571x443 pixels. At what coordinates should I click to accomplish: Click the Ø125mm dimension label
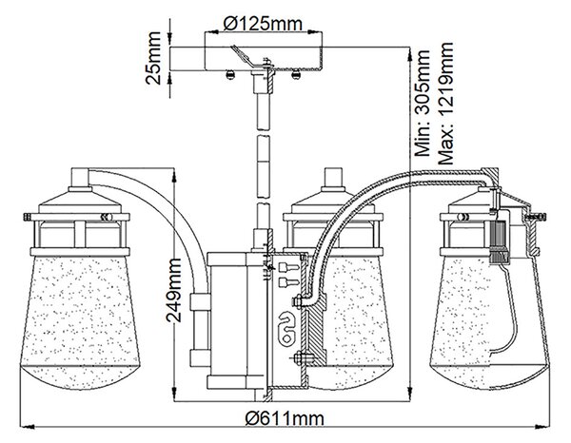263,23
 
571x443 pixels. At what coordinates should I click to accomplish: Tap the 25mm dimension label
153,58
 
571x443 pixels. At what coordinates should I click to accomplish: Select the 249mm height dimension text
173,290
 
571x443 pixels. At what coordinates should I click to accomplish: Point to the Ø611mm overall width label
285,418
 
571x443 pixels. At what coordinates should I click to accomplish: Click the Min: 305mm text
423,104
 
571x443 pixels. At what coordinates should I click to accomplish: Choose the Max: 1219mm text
445,104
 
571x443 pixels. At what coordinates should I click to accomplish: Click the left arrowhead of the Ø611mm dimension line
26,425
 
